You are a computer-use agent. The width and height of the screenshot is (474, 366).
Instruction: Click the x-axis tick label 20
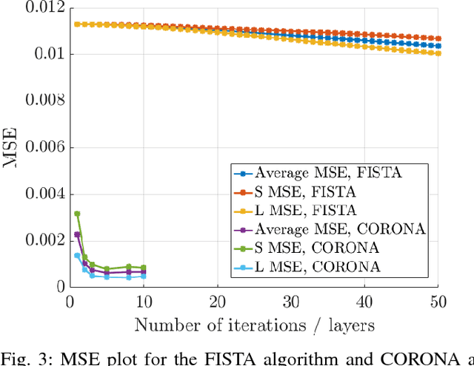(x=218, y=302)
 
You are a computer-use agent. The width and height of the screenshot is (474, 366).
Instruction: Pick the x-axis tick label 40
(x=364, y=302)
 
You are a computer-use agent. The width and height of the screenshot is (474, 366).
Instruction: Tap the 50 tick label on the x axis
(x=438, y=302)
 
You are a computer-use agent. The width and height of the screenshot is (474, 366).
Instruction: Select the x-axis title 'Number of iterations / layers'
(x=253, y=324)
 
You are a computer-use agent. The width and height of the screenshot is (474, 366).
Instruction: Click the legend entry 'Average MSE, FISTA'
(x=329, y=174)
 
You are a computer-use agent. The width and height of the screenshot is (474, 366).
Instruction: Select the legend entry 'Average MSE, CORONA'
(x=340, y=229)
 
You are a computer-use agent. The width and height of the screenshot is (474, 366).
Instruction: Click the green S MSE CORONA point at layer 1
(x=77, y=214)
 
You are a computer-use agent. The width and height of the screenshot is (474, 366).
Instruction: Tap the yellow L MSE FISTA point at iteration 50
(x=438, y=53)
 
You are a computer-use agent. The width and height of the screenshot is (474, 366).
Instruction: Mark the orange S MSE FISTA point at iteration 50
(x=438, y=38)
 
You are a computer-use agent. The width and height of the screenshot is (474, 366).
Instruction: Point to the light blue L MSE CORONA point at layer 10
(x=143, y=277)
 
